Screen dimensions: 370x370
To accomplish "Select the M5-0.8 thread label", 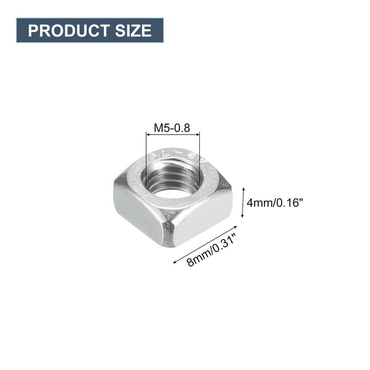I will point(172,128).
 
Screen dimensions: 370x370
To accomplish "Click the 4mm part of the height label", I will point(258,203).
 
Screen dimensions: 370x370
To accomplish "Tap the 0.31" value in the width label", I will point(224,244).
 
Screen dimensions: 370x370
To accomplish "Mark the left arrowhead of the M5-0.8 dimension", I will point(148,134).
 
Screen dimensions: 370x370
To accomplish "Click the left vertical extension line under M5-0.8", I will point(146,157).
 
